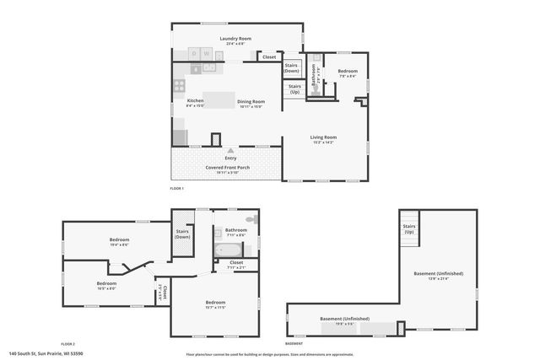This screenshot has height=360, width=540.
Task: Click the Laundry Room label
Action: (236, 39)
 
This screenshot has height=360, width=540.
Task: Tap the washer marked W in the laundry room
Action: (207, 53)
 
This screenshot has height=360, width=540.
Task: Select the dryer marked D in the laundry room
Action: (194, 53)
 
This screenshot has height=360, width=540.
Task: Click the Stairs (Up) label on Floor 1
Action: (294, 89)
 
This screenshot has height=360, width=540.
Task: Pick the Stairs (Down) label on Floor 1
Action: (292, 67)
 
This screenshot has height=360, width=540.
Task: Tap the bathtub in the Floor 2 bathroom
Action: (229, 250)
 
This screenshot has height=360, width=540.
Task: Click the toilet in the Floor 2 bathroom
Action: (260, 220)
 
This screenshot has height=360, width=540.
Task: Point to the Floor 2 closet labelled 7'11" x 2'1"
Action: (236, 263)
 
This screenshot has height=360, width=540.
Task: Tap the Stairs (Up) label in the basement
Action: (408, 228)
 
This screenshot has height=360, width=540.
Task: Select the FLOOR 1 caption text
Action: (176, 188)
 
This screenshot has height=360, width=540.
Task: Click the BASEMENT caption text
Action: (294, 343)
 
